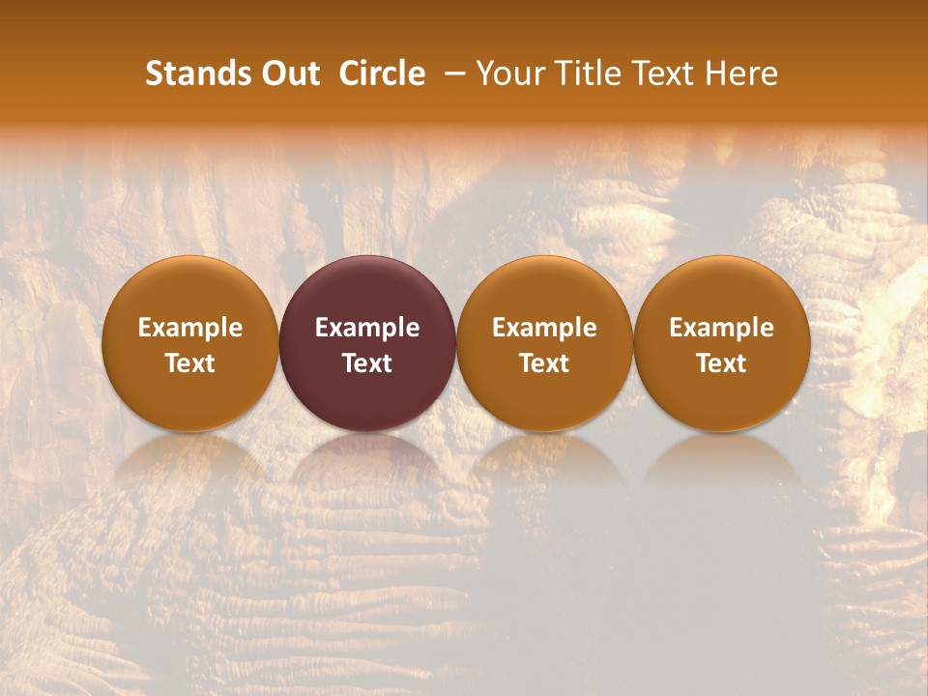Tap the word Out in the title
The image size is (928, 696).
pyautogui.click(x=287, y=73)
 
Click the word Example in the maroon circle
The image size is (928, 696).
pyautogui.click(x=367, y=328)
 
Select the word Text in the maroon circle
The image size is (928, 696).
pyautogui.click(x=367, y=363)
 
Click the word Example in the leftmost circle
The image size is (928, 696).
pyautogui.click(x=190, y=328)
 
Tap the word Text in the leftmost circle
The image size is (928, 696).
pyautogui.click(x=190, y=363)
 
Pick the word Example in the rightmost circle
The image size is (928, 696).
pyautogui.click(x=722, y=328)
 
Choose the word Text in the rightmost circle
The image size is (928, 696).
pyautogui.click(x=722, y=363)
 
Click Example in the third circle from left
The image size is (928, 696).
pyautogui.click(x=544, y=328)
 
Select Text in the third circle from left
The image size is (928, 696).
pyautogui.click(x=544, y=363)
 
